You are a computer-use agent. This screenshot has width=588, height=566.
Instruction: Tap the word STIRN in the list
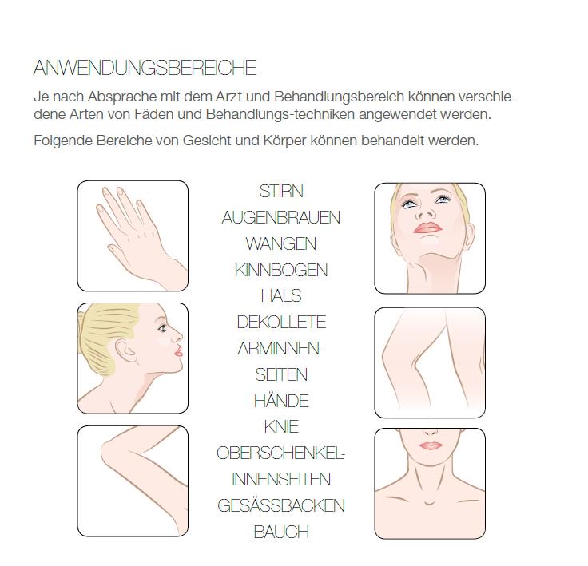tap(281, 192)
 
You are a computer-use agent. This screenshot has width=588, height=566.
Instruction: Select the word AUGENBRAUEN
tap(280, 218)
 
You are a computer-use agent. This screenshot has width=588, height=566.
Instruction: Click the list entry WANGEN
tap(280, 243)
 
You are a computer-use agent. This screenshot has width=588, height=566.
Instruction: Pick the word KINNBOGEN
tap(281, 270)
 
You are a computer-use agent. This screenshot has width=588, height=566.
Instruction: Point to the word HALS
tap(281, 296)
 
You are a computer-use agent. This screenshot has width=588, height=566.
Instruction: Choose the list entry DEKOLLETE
tap(281, 323)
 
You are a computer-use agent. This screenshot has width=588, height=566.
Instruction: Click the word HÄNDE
tap(281, 401)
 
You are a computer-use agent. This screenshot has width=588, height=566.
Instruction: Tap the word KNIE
tap(281, 427)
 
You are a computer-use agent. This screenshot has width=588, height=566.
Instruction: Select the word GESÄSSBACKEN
tap(281, 505)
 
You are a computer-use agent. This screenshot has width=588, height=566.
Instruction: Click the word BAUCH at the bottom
tap(281, 532)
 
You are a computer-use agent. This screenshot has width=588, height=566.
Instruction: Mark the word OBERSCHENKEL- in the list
tap(280, 453)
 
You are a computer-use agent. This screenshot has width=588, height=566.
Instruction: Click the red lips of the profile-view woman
tap(178, 350)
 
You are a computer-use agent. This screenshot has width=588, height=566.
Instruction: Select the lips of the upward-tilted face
tap(428, 228)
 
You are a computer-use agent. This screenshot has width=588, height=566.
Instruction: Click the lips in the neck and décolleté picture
tap(430, 445)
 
